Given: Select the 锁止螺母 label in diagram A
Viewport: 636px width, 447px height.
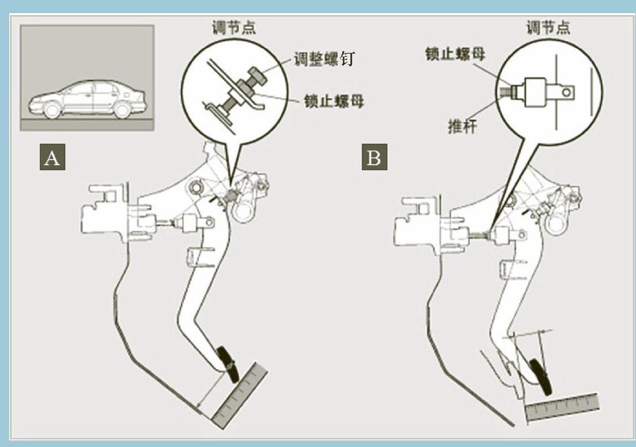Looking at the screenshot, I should [x=334, y=102].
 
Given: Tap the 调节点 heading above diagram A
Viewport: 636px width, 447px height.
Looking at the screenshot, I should [x=233, y=28].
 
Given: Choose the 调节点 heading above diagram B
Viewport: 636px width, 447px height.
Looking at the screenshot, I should [x=548, y=28].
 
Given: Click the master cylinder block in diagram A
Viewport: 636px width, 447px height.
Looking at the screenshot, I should [x=108, y=212].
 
